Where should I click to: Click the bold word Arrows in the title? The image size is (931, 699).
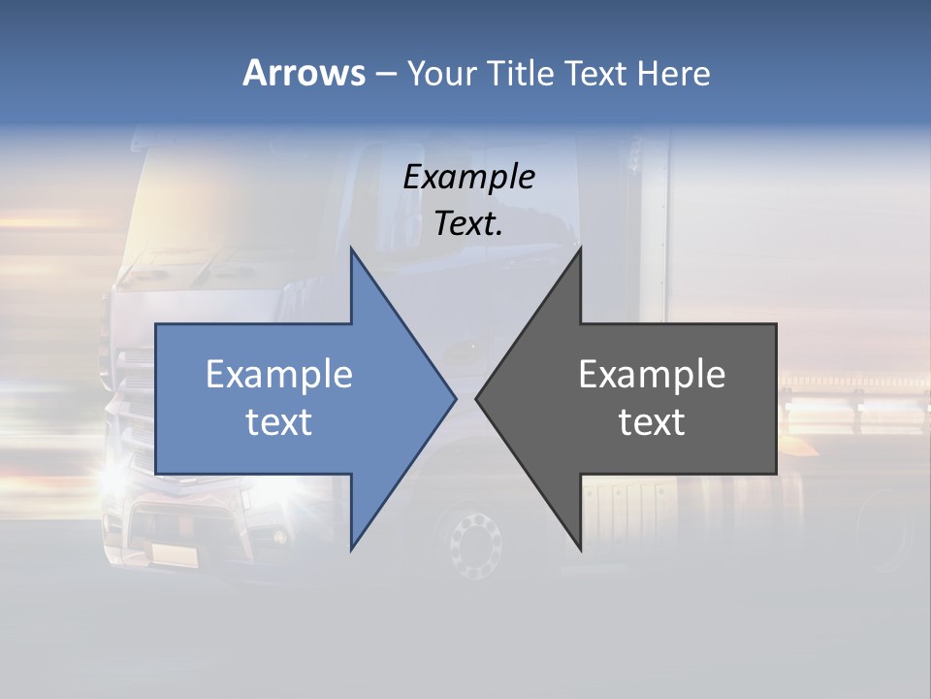point(304,73)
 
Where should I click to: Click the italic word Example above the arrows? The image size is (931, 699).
point(468,178)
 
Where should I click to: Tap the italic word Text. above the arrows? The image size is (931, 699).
point(468,223)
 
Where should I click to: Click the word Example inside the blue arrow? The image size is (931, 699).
point(278,375)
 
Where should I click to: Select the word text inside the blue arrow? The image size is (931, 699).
point(278,422)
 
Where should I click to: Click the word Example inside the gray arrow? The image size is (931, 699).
point(652,375)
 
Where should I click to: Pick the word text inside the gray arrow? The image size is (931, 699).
point(652,422)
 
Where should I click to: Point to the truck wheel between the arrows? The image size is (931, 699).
point(475,540)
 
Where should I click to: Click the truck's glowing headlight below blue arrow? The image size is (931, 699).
point(113,478)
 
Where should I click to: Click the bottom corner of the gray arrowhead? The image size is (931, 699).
point(580,549)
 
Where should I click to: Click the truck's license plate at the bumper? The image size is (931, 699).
point(175,554)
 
